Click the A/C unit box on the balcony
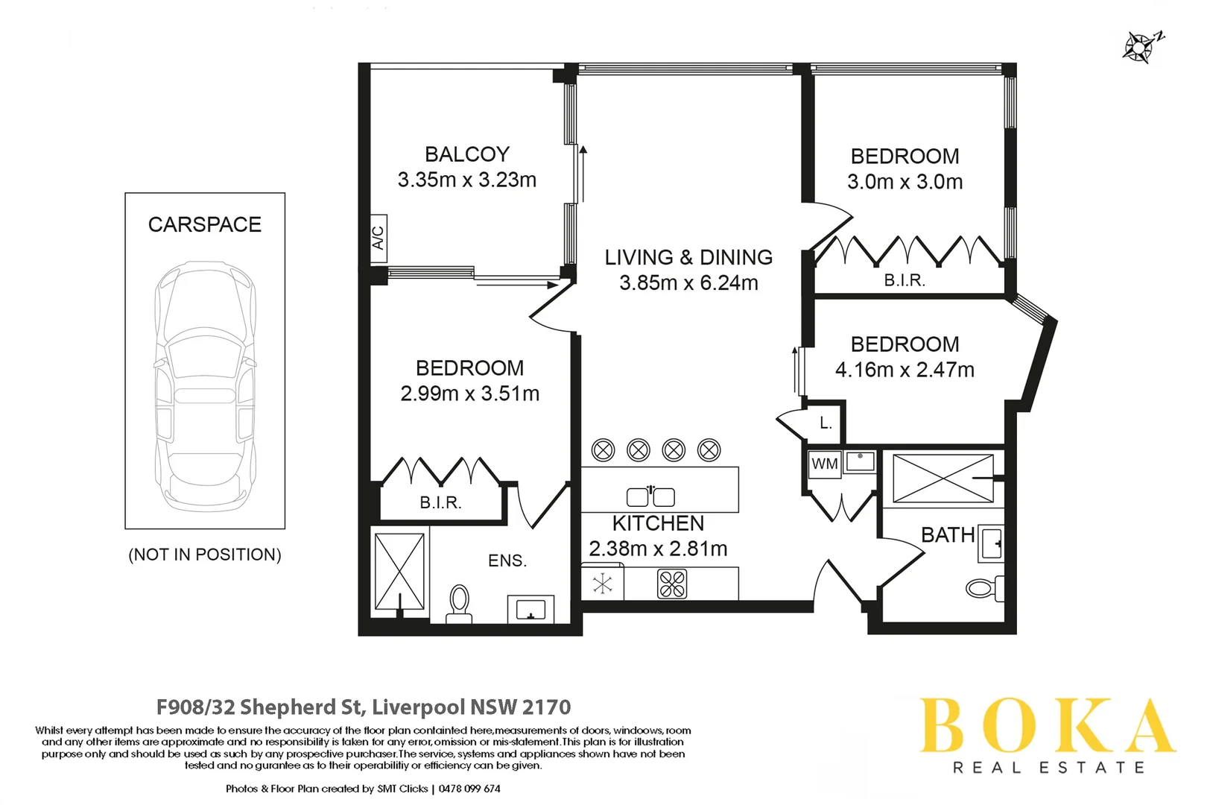[378, 238]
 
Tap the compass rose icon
[1140, 46]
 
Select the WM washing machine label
[824, 464]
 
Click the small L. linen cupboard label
[826, 423]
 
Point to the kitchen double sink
[650, 496]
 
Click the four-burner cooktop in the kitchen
[672, 584]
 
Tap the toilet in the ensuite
[459, 603]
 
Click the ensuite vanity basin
[530, 610]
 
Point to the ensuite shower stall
[399, 571]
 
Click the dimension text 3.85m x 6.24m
[688, 283]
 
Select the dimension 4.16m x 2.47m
[905, 370]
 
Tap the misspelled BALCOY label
[467, 154]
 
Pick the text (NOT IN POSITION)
[205, 555]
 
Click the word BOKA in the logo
[1047, 726]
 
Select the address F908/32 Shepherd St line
[364, 707]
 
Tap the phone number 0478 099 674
[469, 789]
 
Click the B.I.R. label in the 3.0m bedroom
[905, 280]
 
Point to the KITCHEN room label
[658, 523]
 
